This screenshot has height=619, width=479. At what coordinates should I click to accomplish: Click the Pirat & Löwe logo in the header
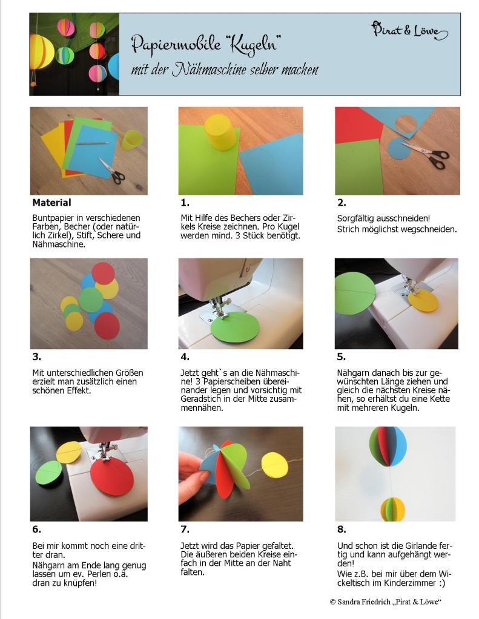[x=409, y=30]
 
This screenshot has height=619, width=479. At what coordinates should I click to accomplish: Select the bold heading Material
[x=51, y=203]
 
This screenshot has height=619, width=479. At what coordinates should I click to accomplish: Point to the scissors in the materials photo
[x=112, y=171]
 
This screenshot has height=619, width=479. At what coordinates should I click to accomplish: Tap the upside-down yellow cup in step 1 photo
[x=221, y=132]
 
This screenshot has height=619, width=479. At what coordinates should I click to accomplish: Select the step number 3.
[x=37, y=357]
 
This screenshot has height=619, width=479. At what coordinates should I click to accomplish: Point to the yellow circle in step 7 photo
[x=276, y=465]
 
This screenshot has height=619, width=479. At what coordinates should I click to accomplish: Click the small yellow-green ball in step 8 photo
[x=393, y=509]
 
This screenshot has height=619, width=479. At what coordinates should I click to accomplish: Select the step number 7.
[x=185, y=529]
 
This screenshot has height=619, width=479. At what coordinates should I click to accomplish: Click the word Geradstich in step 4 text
[x=200, y=399]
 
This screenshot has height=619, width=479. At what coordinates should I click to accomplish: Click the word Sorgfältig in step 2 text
[x=355, y=218]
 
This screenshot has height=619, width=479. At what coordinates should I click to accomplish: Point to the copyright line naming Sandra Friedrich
[x=385, y=602]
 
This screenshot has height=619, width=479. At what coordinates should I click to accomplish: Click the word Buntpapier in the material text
[x=51, y=218]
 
